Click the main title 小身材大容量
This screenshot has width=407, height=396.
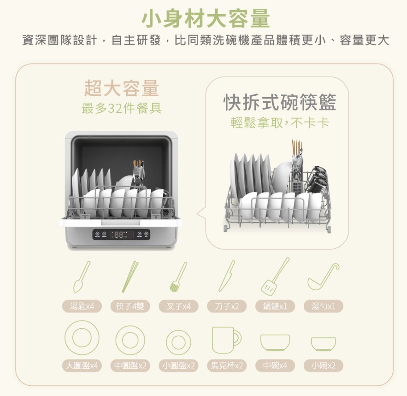(x=205, y=18)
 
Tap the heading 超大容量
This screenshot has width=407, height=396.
(x=122, y=88)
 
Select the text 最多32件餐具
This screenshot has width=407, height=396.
(x=122, y=108)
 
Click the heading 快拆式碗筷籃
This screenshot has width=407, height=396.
(x=280, y=102)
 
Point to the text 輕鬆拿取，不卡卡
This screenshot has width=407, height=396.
(x=280, y=123)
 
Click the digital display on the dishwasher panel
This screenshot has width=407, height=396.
(x=121, y=234)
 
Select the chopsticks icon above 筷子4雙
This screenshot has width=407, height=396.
(x=130, y=276)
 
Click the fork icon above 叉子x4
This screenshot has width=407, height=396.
(x=178, y=277)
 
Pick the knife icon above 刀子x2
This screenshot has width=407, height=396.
(x=227, y=276)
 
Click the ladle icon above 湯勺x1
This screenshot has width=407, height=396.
(x=323, y=276)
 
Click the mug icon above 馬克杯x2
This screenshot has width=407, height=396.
(x=226, y=340)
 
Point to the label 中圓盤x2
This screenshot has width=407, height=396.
(x=130, y=366)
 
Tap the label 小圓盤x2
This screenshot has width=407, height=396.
(x=178, y=366)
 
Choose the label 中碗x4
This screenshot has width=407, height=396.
(x=275, y=366)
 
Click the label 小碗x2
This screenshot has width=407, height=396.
(x=323, y=366)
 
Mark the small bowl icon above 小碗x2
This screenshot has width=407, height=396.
(x=323, y=344)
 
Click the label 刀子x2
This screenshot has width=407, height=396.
(x=227, y=306)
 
